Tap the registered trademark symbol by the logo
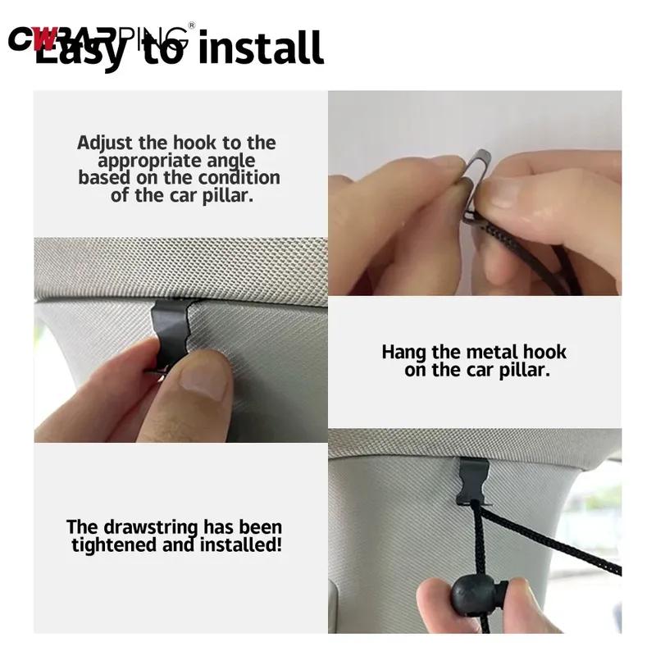[192, 25]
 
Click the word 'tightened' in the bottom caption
[110, 544]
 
